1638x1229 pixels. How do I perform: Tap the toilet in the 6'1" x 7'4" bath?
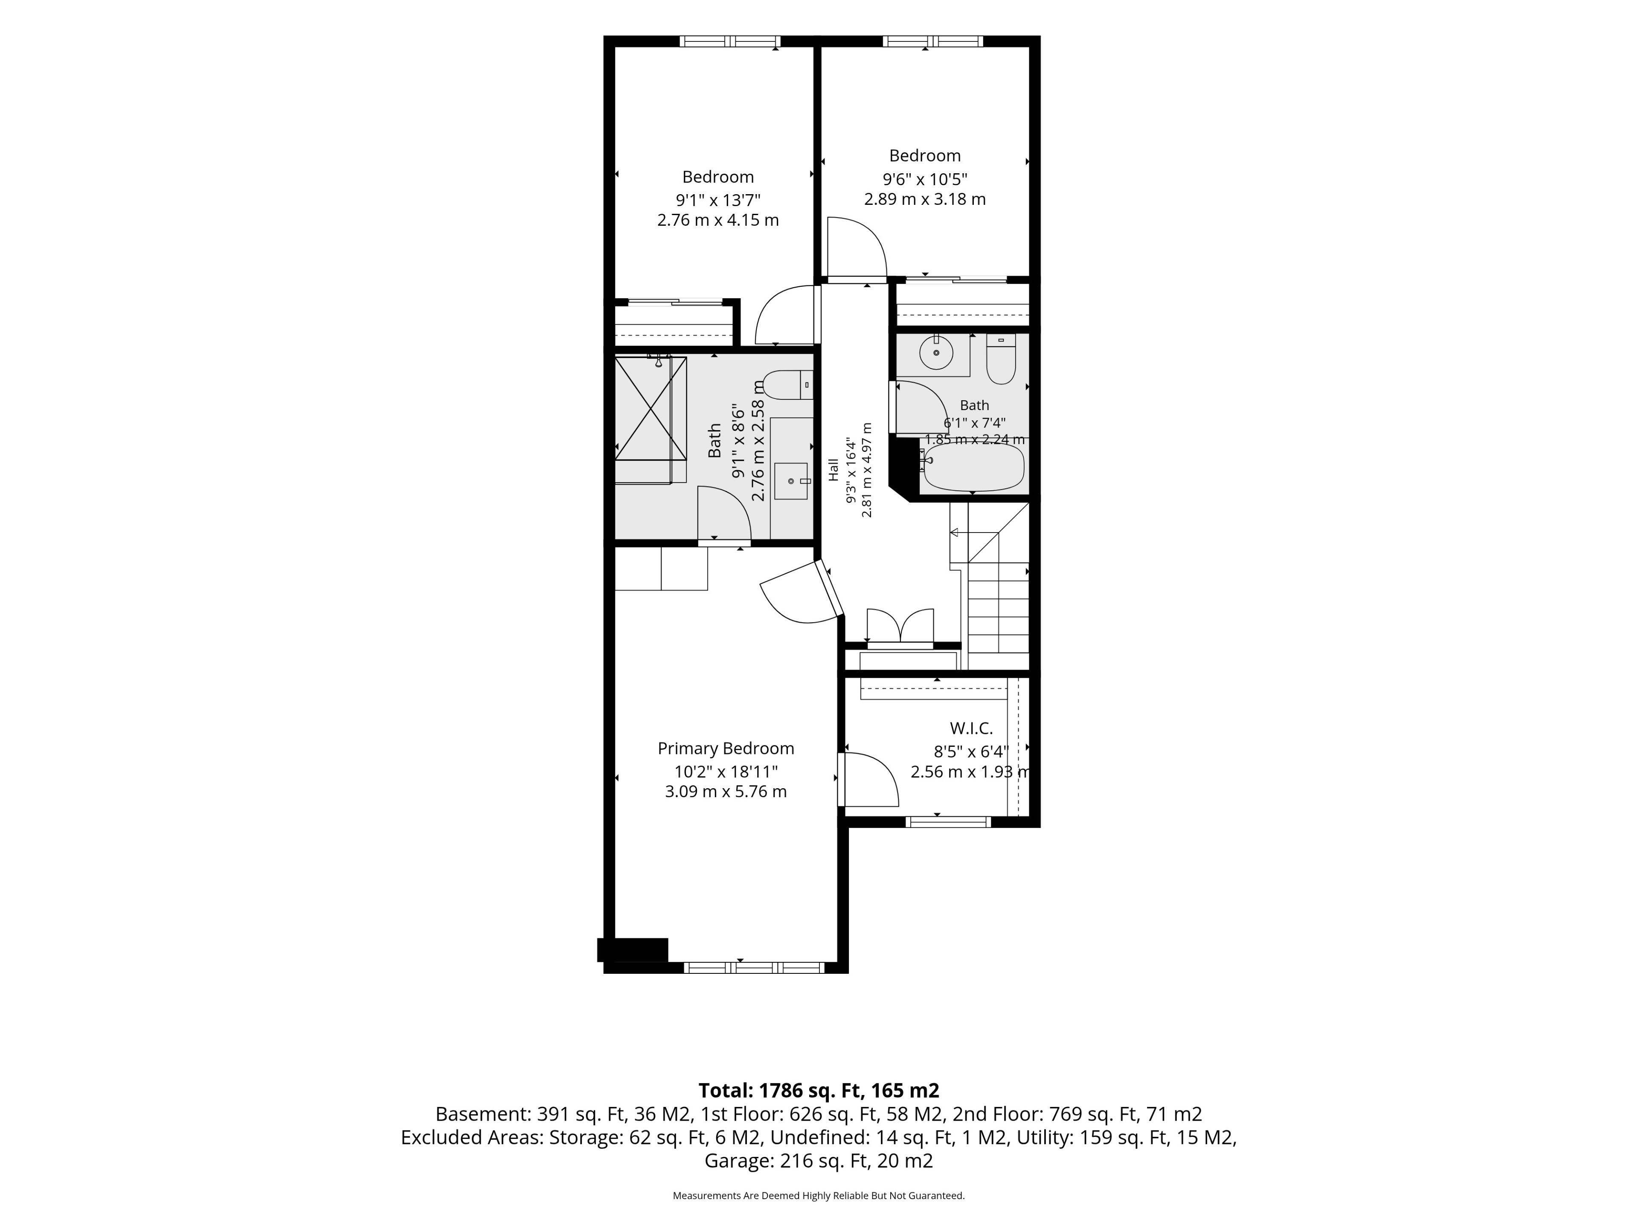tap(1001, 360)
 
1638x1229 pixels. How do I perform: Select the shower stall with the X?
tap(651, 419)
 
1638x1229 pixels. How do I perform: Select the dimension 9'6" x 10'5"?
tap(925, 178)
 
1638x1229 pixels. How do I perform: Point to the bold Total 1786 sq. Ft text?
tap(819, 1090)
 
